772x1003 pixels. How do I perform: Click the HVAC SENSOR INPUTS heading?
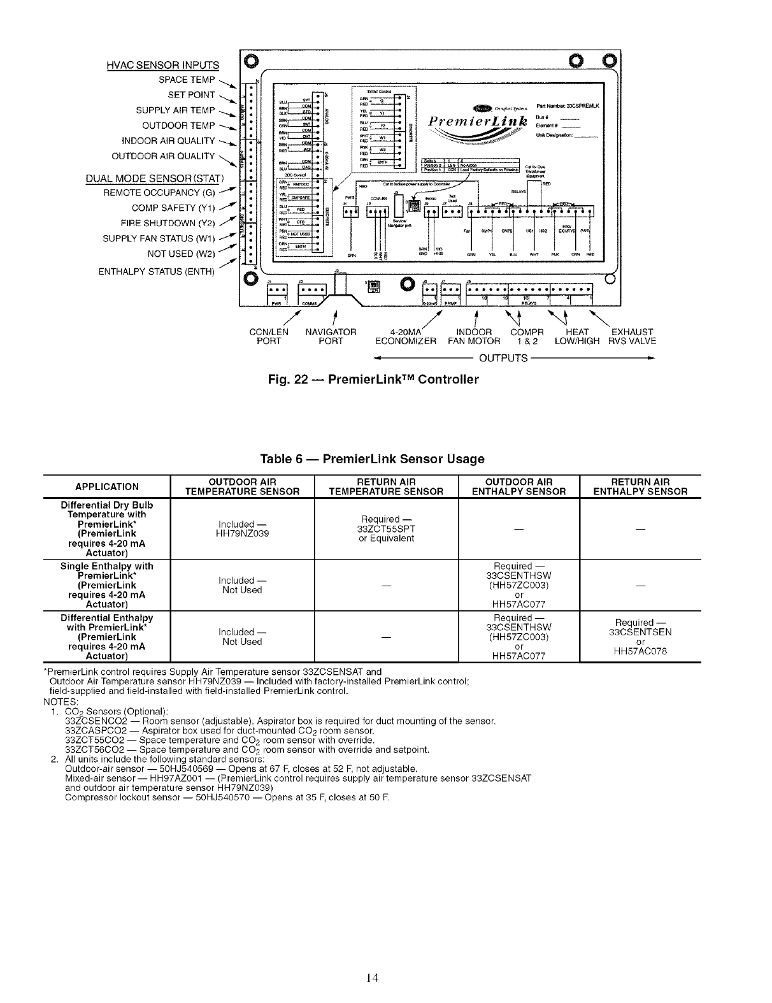click(162, 65)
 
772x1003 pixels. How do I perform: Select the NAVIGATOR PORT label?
click(331, 336)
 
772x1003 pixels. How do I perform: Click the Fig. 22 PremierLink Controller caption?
click(373, 380)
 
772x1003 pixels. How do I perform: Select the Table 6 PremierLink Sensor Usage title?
click(373, 459)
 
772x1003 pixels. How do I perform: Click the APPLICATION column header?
click(107, 487)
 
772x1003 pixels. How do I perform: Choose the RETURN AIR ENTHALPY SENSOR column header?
click(640, 486)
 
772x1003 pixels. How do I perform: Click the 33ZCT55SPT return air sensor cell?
click(386, 529)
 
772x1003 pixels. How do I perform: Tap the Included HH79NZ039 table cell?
click(242, 529)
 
